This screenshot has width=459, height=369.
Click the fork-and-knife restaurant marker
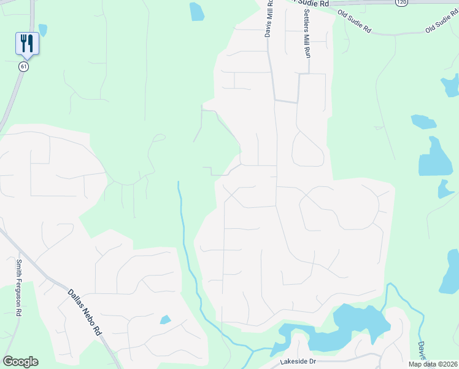tap(26, 43)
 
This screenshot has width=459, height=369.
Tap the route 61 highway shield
tap(23, 66)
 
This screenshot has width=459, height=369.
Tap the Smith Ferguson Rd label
tap(19, 287)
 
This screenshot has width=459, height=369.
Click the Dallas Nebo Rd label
tap(83, 312)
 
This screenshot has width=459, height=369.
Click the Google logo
tap(20, 362)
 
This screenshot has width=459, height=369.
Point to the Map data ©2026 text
tap(433, 364)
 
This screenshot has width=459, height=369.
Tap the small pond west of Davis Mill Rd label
tap(196, 12)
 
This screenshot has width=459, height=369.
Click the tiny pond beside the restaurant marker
tap(43, 29)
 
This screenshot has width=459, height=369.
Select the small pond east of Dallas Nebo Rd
tap(165, 320)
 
